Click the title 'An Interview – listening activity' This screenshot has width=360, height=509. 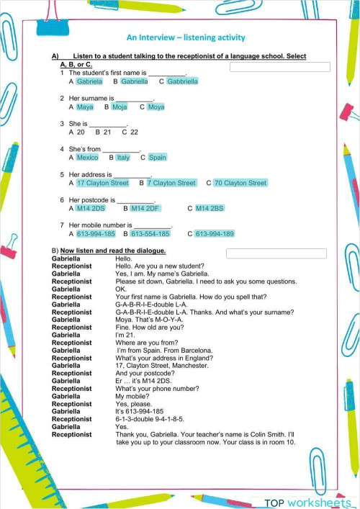[x=186, y=37]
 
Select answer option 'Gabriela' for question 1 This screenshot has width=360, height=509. [x=89, y=81]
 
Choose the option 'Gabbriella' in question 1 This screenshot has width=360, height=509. [x=182, y=81]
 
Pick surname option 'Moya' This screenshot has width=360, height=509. [x=156, y=107]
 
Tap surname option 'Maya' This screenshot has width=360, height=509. [x=85, y=107]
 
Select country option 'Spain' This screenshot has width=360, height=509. [x=157, y=158]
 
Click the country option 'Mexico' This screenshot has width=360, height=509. [x=87, y=158]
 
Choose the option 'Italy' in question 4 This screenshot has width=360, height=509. [x=123, y=158]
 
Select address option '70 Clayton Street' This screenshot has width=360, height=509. [x=240, y=183]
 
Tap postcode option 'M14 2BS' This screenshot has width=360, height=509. [x=210, y=208]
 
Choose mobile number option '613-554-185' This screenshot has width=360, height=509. [x=150, y=234]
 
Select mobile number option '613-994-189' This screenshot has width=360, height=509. [x=215, y=234]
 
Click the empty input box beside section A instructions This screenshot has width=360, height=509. [x=279, y=67]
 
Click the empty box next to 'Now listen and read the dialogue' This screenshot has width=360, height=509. [x=276, y=253]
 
